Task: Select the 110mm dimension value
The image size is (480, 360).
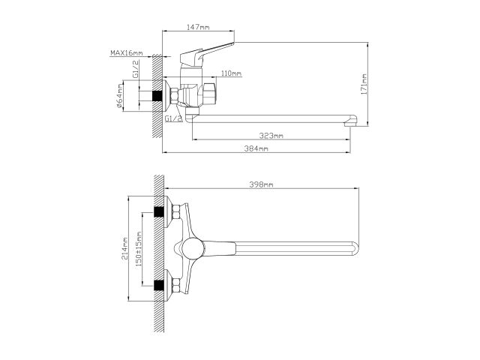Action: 231,73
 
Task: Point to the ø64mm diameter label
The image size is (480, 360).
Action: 120,97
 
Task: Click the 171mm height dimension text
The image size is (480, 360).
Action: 363,84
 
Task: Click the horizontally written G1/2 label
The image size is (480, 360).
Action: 172,118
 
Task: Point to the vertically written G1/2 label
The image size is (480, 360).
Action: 135,72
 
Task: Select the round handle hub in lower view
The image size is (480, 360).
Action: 192,249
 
